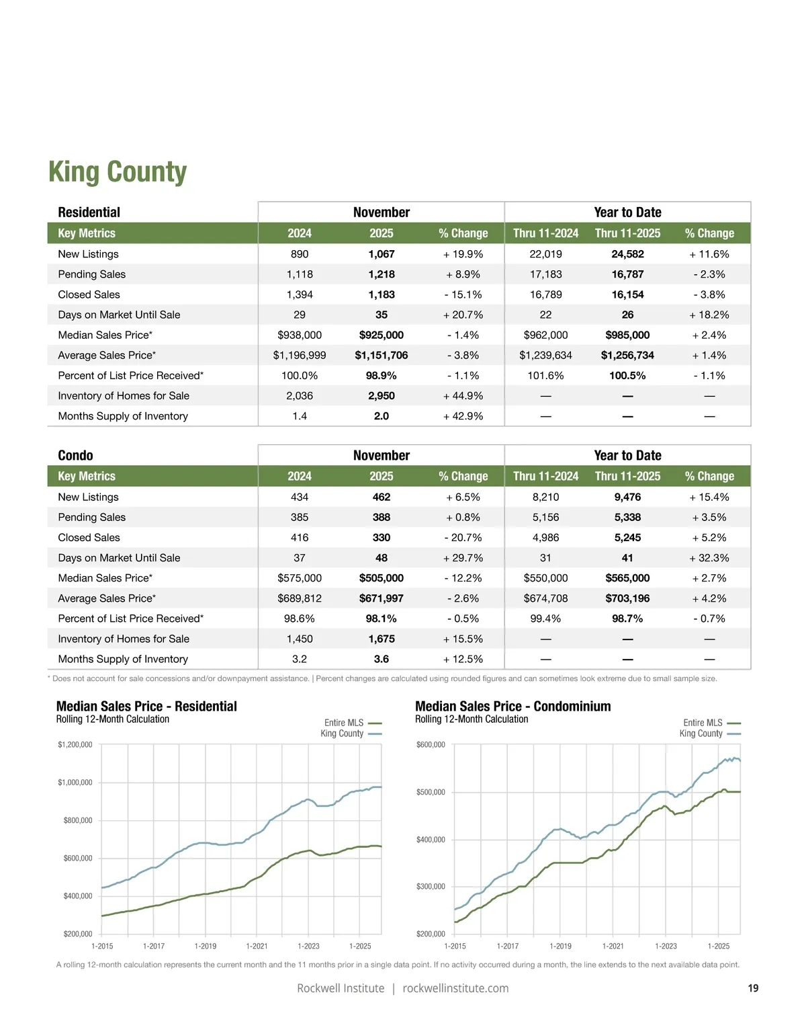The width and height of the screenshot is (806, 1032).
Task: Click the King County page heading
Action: tap(118, 172)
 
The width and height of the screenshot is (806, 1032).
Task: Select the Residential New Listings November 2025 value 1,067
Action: tap(381, 254)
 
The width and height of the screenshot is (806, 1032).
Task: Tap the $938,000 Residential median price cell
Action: tap(300, 335)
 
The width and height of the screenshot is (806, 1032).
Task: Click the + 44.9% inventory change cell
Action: tap(463, 396)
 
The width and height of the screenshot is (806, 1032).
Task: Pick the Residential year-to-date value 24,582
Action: tap(627, 254)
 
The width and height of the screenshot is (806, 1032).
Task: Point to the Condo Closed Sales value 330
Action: tap(381, 538)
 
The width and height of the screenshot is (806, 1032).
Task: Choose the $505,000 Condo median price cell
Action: tap(381, 578)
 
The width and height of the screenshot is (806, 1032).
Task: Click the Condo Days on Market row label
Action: tap(119, 558)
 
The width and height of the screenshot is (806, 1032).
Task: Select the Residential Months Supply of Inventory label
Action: tap(123, 416)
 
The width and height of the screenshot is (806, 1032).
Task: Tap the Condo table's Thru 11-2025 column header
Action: tap(627, 476)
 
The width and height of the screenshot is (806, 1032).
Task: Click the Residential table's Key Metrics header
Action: tap(87, 233)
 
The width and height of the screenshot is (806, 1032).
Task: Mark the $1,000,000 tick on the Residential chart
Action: tap(75, 783)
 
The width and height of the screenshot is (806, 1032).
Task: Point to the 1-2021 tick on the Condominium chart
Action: tap(613, 946)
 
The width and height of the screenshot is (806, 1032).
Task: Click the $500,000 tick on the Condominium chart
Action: tap(431, 792)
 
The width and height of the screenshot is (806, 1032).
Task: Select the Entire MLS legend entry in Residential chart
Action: tap(344, 723)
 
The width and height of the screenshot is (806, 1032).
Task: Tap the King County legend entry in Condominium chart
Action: tap(701, 733)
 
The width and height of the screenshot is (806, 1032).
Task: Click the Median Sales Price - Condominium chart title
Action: tap(512, 706)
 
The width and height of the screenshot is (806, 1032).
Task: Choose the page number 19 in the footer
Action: tap(753, 988)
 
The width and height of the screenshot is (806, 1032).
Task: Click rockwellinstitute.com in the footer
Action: tap(455, 988)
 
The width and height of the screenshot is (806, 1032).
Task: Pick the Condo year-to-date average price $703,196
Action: tap(627, 598)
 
